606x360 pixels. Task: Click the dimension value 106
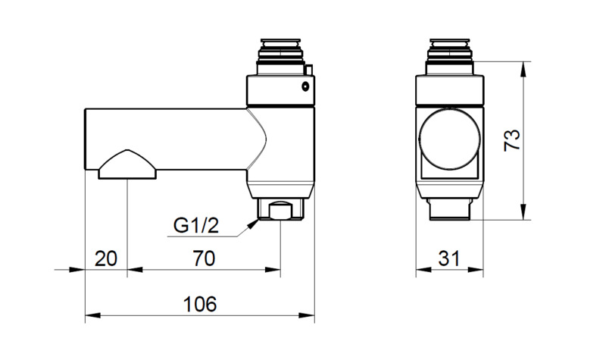201,304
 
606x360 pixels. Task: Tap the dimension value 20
106,258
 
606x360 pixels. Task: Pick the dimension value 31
449,258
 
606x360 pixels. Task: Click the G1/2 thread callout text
195,226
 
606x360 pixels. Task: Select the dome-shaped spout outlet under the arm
127,164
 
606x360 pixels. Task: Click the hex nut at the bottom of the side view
281,210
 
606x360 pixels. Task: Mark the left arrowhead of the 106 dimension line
89,315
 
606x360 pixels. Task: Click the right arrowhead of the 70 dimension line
276,269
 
